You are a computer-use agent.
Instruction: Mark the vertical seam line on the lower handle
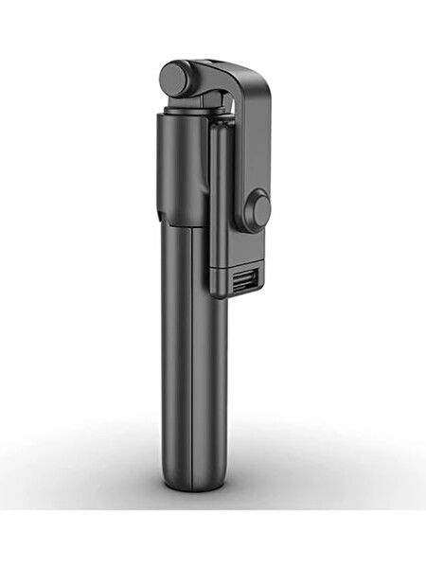(192, 379)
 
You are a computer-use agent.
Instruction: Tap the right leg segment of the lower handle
(209, 379)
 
